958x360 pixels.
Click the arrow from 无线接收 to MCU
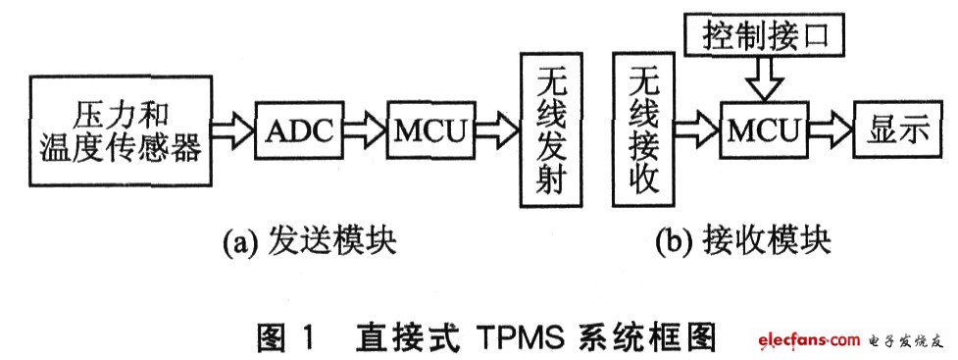click(699, 131)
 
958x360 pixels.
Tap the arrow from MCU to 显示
click(830, 131)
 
